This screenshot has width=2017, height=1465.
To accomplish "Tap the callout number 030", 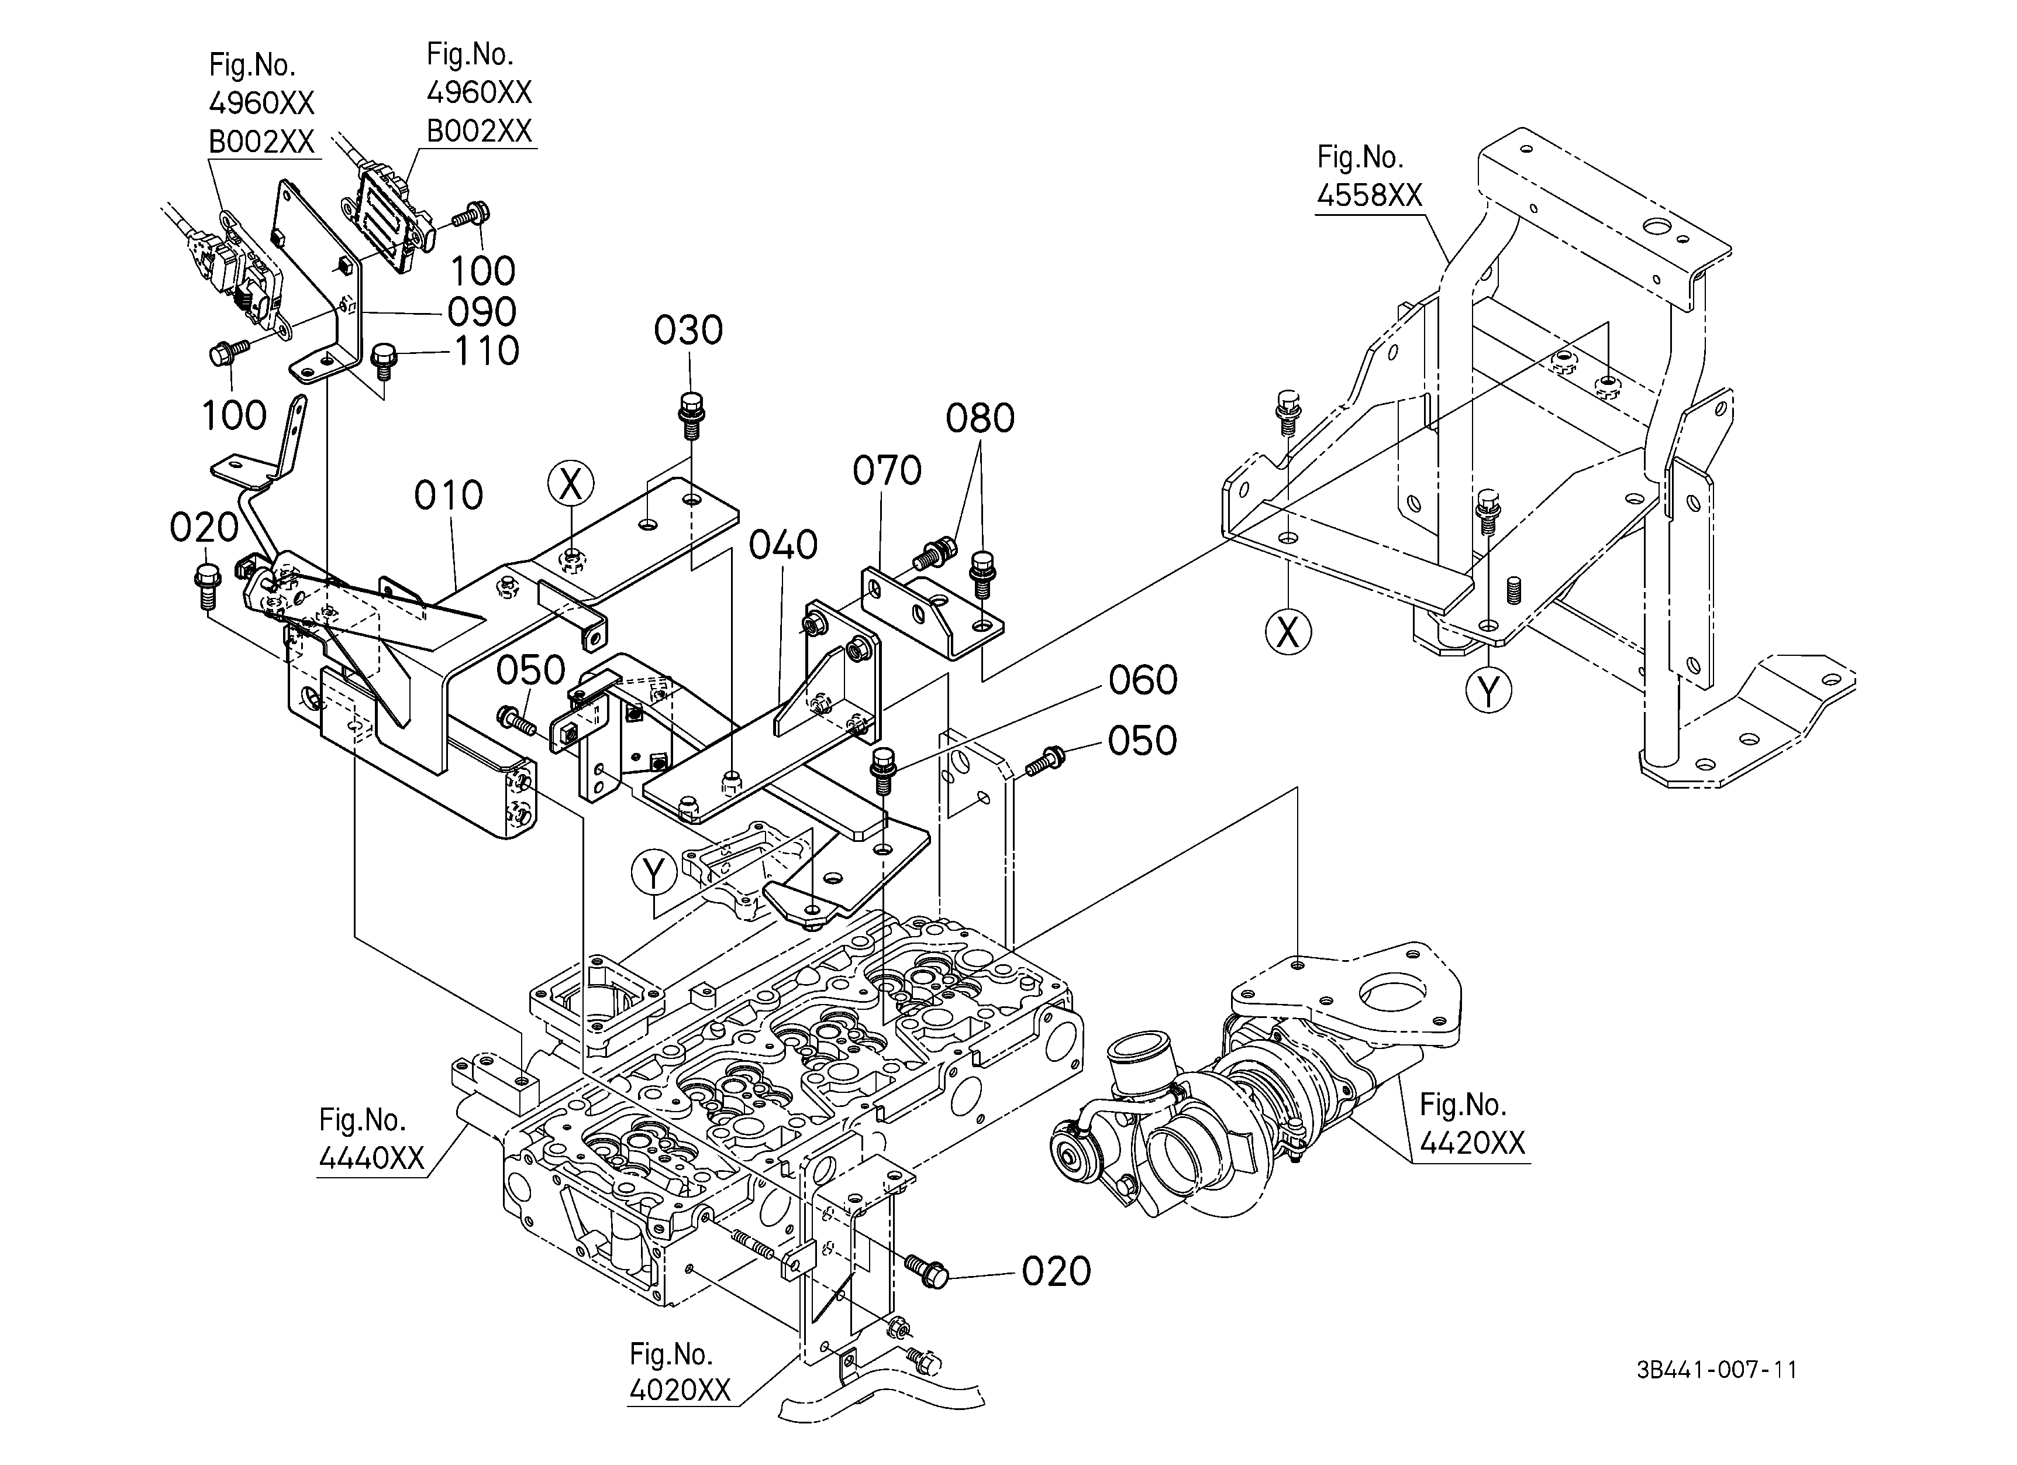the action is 688,331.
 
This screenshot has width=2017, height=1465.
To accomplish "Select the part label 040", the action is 782,545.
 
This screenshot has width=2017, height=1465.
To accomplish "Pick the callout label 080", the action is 980,419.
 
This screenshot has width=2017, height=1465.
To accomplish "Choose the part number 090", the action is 481,312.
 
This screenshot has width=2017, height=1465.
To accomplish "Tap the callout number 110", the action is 487,352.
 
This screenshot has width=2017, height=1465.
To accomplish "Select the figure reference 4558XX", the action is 1370,195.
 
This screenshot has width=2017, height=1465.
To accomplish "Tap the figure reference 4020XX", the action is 680,1390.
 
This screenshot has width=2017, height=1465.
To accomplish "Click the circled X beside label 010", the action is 570,485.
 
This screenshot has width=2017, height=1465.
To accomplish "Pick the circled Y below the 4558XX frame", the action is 1489,690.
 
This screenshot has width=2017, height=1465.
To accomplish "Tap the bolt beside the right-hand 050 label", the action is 1045,759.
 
